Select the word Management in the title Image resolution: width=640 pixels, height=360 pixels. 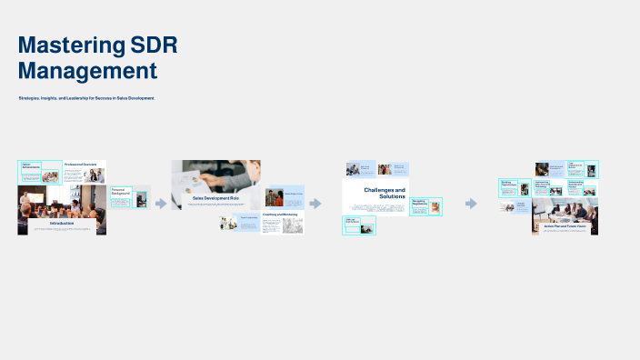(x=87, y=70)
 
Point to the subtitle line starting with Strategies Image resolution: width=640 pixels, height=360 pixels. (x=86, y=98)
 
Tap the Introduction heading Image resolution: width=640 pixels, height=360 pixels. (x=62, y=222)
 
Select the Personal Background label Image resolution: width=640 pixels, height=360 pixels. (x=121, y=192)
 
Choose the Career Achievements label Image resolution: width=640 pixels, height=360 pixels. (x=33, y=165)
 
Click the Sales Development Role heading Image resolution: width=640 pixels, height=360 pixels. (x=215, y=197)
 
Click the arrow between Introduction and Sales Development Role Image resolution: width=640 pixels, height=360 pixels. (x=161, y=204)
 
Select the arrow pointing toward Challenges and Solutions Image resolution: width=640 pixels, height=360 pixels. (x=315, y=204)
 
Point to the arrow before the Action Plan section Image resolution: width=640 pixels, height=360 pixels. (x=471, y=204)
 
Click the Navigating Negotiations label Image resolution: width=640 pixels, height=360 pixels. (x=419, y=202)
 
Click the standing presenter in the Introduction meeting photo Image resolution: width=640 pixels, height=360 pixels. (x=26, y=199)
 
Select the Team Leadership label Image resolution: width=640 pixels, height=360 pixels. (x=575, y=166)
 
